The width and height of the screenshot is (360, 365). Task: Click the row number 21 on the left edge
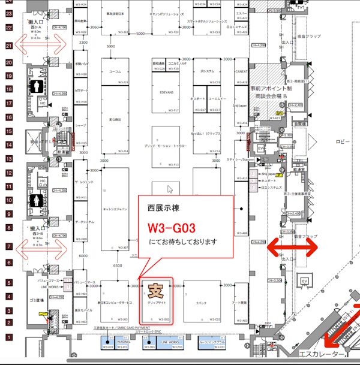tap(8, 46)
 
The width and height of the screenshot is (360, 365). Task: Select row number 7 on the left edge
tap(8, 246)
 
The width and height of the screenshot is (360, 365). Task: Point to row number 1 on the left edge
tap(8, 339)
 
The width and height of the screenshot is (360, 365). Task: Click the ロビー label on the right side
tap(343, 142)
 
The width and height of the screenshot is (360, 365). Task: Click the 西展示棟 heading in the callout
tap(161, 208)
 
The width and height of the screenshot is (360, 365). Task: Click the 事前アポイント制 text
tap(269, 88)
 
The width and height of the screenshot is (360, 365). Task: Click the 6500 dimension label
tap(118, 265)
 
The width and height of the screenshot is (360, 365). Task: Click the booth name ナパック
tap(202, 303)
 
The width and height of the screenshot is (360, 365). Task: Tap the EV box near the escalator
tap(304, 282)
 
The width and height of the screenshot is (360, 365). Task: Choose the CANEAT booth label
tap(242, 71)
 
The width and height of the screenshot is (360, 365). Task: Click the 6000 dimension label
tap(83, 256)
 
